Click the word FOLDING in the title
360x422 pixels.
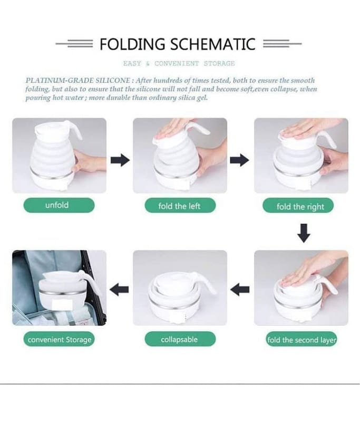pos(132,44)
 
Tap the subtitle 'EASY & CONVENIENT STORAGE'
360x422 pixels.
pos(179,63)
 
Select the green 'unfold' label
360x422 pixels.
pos(59,205)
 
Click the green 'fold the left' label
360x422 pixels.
pos(180,206)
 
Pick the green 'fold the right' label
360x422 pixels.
pos(298,206)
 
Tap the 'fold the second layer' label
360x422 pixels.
pos(301,340)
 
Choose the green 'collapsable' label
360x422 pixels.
pos(180,339)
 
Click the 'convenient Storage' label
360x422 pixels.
pos(59,339)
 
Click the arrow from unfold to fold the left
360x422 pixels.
pos(120,160)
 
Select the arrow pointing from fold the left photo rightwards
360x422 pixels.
pos(239,160)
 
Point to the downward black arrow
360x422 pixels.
pos(304,233)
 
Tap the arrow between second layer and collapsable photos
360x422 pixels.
pos(240,290)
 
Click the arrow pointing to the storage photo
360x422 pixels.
pos(119,290)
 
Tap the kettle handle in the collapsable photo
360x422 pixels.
pos(207,283)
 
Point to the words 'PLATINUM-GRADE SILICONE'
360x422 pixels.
pos(78,81)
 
